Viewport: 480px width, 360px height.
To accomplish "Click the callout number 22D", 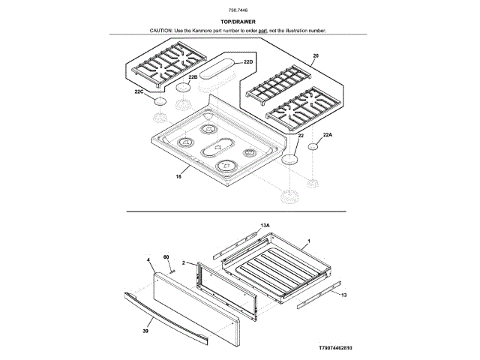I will pos(249,61).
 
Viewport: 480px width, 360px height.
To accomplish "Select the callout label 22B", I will pos(193,77).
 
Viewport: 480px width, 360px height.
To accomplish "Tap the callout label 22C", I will pos(139,91).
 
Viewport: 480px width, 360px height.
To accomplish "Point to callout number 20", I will pos(315,57).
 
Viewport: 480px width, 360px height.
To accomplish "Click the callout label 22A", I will pos(326,136).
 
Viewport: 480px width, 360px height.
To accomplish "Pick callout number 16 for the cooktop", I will pos(178,177).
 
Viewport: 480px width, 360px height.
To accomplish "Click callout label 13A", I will pos(265,225).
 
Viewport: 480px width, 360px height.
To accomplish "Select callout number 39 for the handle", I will pos(145,330).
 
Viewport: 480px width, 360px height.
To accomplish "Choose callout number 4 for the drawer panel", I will pos(149,259).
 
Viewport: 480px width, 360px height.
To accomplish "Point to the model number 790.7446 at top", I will pos(239,9).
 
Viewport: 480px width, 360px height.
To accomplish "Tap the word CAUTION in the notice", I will pos(161,31).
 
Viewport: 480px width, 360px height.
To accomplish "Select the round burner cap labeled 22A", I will pos(313,148).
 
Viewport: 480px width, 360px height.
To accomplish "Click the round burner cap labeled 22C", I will pos(159,102).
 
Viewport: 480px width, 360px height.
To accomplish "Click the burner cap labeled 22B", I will pos(184,88).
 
